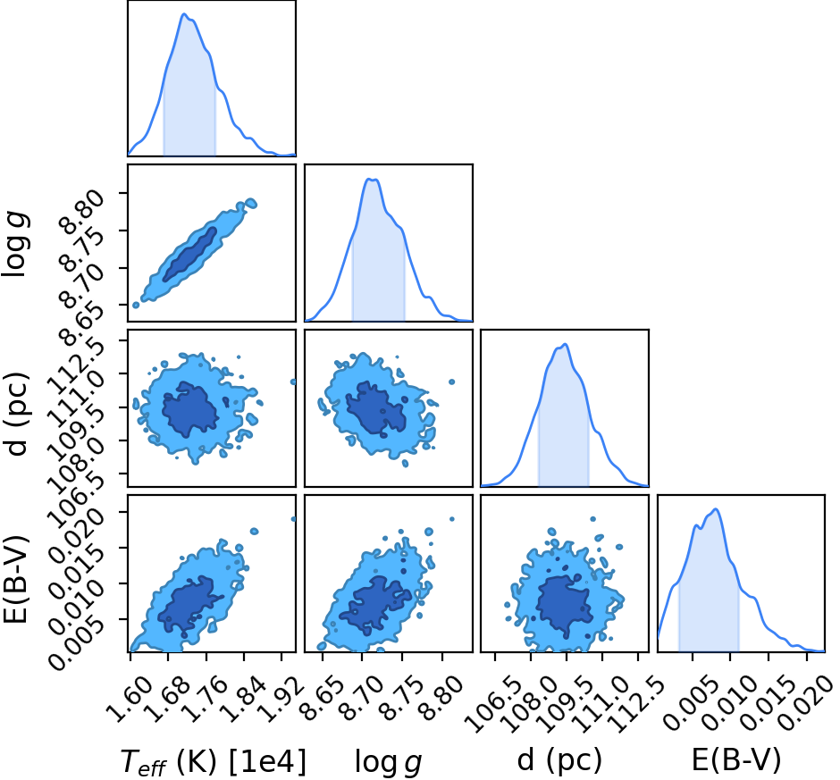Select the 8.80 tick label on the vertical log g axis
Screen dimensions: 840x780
click(81, 214)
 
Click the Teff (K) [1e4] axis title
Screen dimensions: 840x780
click(214, 761)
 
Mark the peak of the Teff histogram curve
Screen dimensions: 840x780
click(184, 14)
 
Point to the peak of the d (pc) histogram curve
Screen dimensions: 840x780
click(565, 345)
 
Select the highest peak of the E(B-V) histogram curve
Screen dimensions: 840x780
click(716, 509)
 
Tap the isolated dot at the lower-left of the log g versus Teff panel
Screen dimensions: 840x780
click(136, 305)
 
